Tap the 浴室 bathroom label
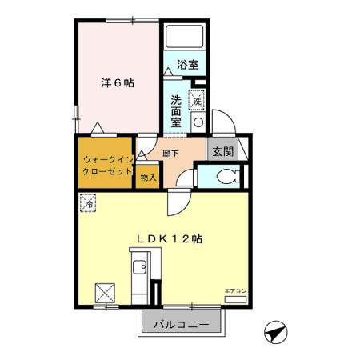[x=188, y=63]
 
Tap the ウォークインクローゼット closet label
[x=105, y=166]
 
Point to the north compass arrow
[x=274, y=330]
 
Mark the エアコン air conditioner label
[x=235, y=289]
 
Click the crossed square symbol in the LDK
[x=106, y=292]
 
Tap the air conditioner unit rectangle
[x=235, y=298]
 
